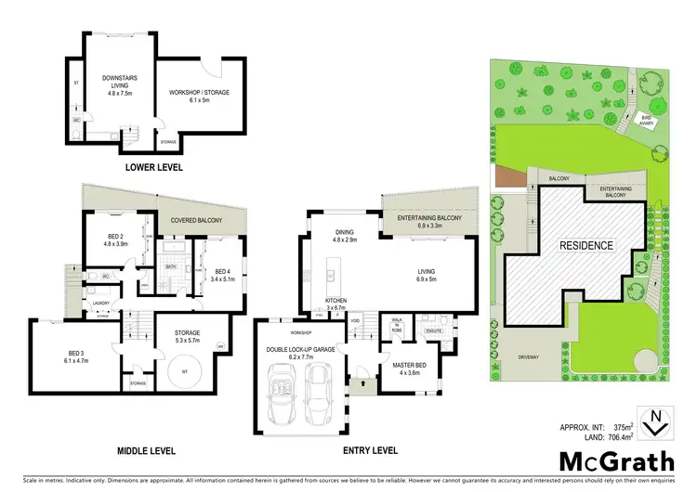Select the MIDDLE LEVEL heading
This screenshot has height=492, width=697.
coord(148,450)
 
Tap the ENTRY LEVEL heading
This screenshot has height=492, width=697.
coord(370,450)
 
